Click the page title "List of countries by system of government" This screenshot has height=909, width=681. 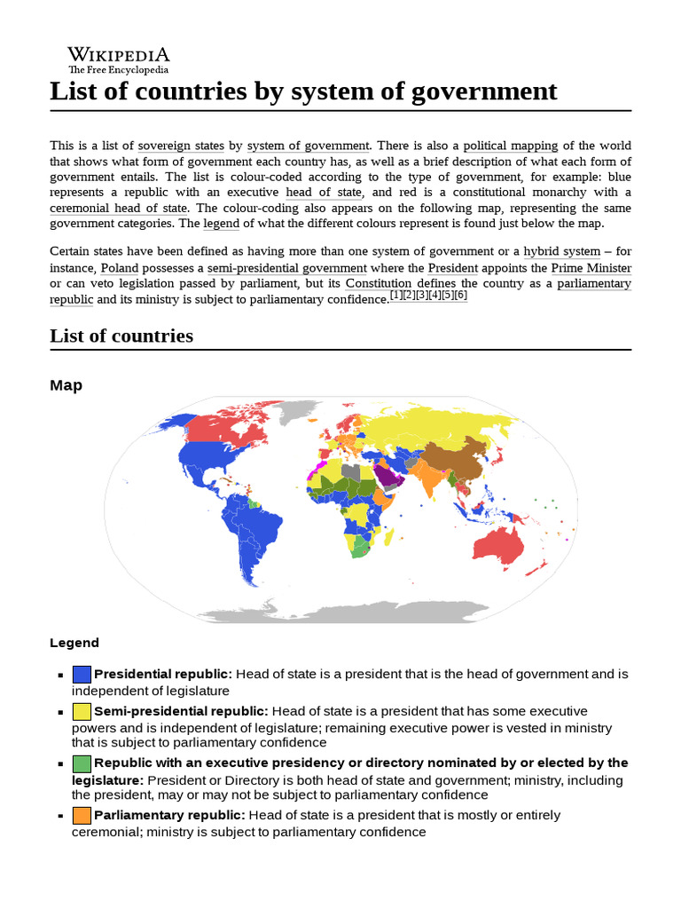pos(303,91)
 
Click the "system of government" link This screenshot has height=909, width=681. pos(308,146)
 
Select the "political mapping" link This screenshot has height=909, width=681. pos(510,146)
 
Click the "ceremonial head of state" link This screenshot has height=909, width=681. pos(118,209)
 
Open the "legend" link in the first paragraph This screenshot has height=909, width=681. pos(222,224)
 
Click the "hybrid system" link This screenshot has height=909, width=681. pos(561,252)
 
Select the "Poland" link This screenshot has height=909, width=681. pos(119,268)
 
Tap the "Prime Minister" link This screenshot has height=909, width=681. pos(591,268)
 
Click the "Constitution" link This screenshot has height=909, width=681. pos(379,284)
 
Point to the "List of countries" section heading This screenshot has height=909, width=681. pos(121,336)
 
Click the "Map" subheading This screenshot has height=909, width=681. pos(66,385)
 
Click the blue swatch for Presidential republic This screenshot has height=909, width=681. pos(82,675)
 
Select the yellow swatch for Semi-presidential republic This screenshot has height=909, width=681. pos(82,712)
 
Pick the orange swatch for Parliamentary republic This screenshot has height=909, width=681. pos(82,816)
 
